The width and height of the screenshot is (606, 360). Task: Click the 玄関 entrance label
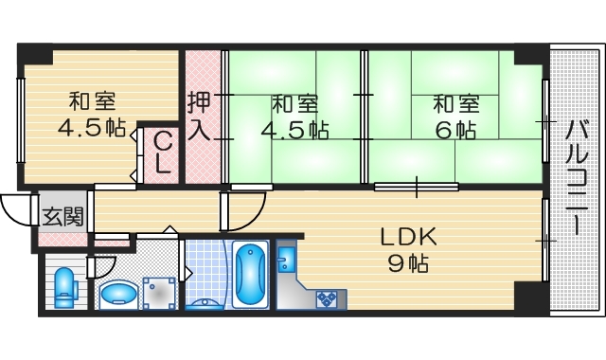click(62, 215)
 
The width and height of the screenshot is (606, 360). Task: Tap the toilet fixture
click(64, 286)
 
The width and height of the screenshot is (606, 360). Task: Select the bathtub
click(250, 275)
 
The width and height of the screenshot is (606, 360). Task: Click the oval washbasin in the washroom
click(117, 293)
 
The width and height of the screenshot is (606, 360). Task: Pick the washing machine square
click(159, 292)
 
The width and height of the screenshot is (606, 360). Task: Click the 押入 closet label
click(199, 115)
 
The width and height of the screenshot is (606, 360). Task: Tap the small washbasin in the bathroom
click(204, 304)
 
